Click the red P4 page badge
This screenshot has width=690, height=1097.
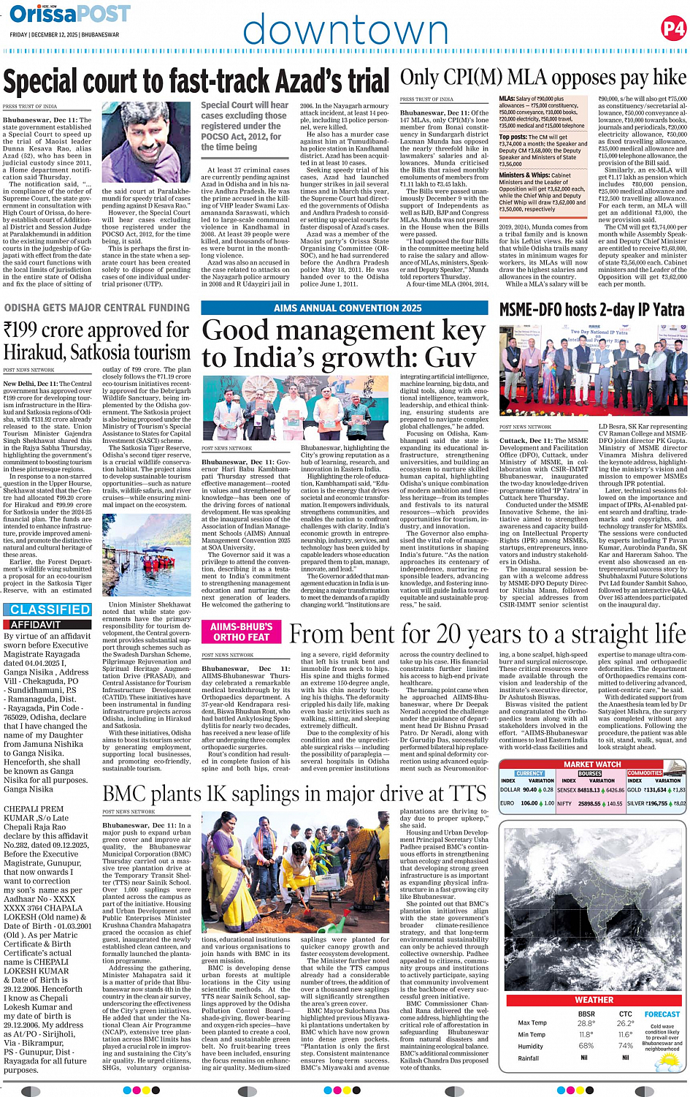point(672,29)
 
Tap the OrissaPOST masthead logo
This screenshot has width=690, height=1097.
point(70,14)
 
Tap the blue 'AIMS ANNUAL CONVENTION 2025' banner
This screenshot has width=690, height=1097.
point(347,308)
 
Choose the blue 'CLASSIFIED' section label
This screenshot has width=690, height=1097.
point(50,610)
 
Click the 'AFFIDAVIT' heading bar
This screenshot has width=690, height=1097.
point(36,625)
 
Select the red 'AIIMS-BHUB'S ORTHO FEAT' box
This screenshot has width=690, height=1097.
point(241,632)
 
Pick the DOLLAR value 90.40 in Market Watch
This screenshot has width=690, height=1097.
point(530,790)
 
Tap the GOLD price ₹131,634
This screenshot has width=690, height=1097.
point(656,790)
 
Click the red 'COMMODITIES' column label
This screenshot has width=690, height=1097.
point(644,773)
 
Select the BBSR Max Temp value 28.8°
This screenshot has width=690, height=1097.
point(586,1023)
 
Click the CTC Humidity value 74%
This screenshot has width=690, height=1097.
point(625,1046)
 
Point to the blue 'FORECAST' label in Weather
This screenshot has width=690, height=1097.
point(662,1014)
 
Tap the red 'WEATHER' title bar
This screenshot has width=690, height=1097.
point(593,1000)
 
